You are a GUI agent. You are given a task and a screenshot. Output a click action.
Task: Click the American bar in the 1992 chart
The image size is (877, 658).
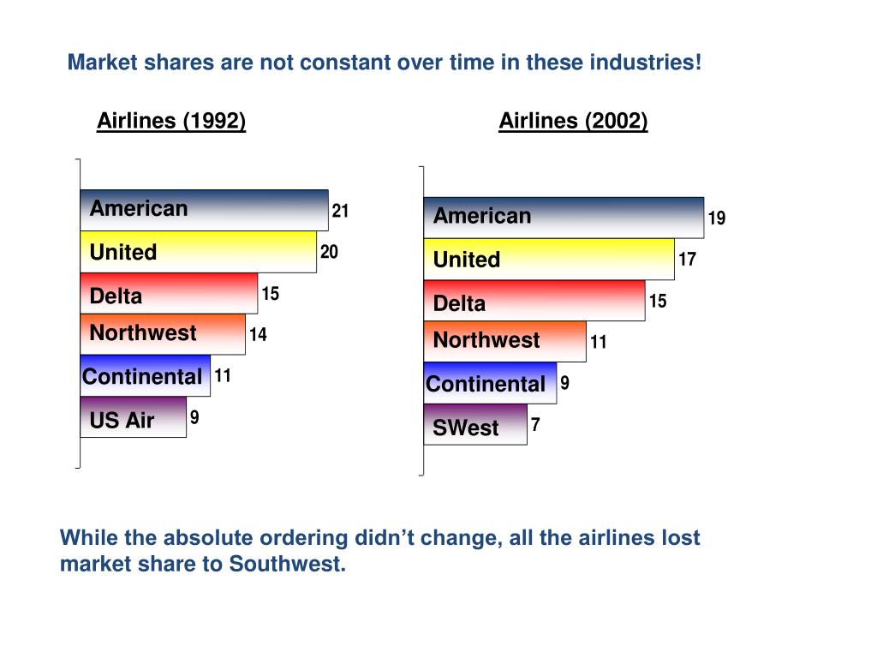(x=204, y=210)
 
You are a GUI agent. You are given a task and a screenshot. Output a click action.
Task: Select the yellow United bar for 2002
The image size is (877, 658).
(x=548, y=259)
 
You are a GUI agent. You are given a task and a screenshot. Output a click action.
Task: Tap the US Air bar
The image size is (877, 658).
(x=133, y=420)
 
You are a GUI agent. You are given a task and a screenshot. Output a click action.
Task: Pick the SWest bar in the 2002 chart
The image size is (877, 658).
(x=475, y=426)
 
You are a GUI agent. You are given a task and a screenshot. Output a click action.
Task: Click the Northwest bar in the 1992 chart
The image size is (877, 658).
(x=163, y=334)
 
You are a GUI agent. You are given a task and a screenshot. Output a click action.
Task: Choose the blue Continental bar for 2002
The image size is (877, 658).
(x=490, y=383)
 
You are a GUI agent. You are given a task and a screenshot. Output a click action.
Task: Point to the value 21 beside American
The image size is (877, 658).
(x=340, y=211)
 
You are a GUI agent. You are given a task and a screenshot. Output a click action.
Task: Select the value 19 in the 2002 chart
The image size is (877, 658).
(x=717, y=218)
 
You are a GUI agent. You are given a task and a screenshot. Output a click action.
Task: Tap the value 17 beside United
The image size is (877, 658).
(x=687, y=259)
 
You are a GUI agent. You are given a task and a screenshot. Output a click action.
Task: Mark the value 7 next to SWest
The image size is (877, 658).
(x=535, y=424)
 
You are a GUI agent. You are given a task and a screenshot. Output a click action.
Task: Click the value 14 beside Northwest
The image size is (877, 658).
(x=258, y=335)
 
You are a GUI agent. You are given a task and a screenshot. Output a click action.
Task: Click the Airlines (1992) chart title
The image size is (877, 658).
(x=171, y=121)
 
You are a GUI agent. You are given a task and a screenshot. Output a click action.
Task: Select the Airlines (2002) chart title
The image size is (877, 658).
(x=573, y=121)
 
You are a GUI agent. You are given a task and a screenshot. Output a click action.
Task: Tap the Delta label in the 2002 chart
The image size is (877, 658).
(x=459, y=303)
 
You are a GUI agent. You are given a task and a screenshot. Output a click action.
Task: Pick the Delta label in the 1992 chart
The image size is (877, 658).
(x=116, y=296)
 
